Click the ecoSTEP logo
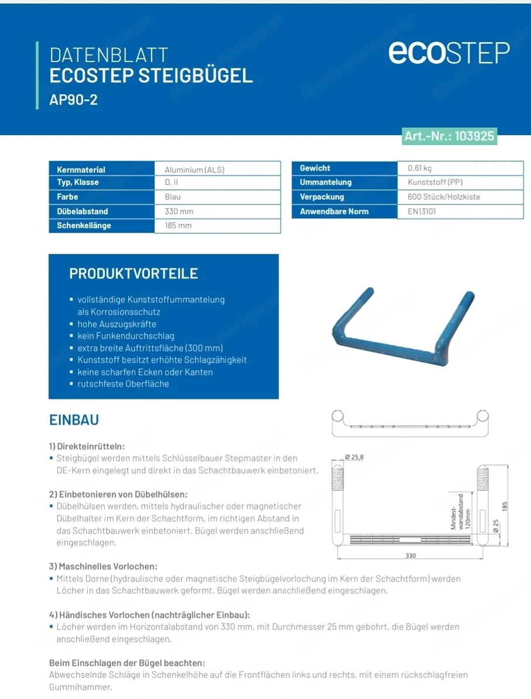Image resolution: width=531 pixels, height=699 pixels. coord(449,53)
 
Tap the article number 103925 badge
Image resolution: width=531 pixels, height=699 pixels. coord(449,136)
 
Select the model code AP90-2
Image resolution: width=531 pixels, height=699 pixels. coord(73,100)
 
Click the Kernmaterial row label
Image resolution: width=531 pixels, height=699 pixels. coord(81,170)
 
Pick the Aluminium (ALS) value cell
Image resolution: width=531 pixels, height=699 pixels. coord(194,170)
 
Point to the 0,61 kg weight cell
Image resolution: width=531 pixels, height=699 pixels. coord(419,168)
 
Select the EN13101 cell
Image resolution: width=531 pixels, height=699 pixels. coord(422,211)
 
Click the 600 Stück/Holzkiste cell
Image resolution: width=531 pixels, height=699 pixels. coord(443,197)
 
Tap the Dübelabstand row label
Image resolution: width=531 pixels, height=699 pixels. coord(83,211)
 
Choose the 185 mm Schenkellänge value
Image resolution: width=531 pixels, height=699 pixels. coord(178,226)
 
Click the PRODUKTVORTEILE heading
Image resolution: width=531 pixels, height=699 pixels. coord(133,274)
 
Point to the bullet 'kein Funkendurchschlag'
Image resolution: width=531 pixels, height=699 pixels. coord(126,336)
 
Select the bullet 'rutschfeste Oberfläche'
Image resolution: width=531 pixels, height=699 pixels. coord(123,384)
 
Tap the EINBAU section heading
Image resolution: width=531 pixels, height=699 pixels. coord(74,420)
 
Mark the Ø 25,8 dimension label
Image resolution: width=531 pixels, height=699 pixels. coord(354,457)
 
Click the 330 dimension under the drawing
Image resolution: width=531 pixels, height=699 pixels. coord(410,555)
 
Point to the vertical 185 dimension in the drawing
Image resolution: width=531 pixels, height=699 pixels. coord(505,505)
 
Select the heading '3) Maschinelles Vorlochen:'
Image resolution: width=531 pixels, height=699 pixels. coord(103,566)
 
